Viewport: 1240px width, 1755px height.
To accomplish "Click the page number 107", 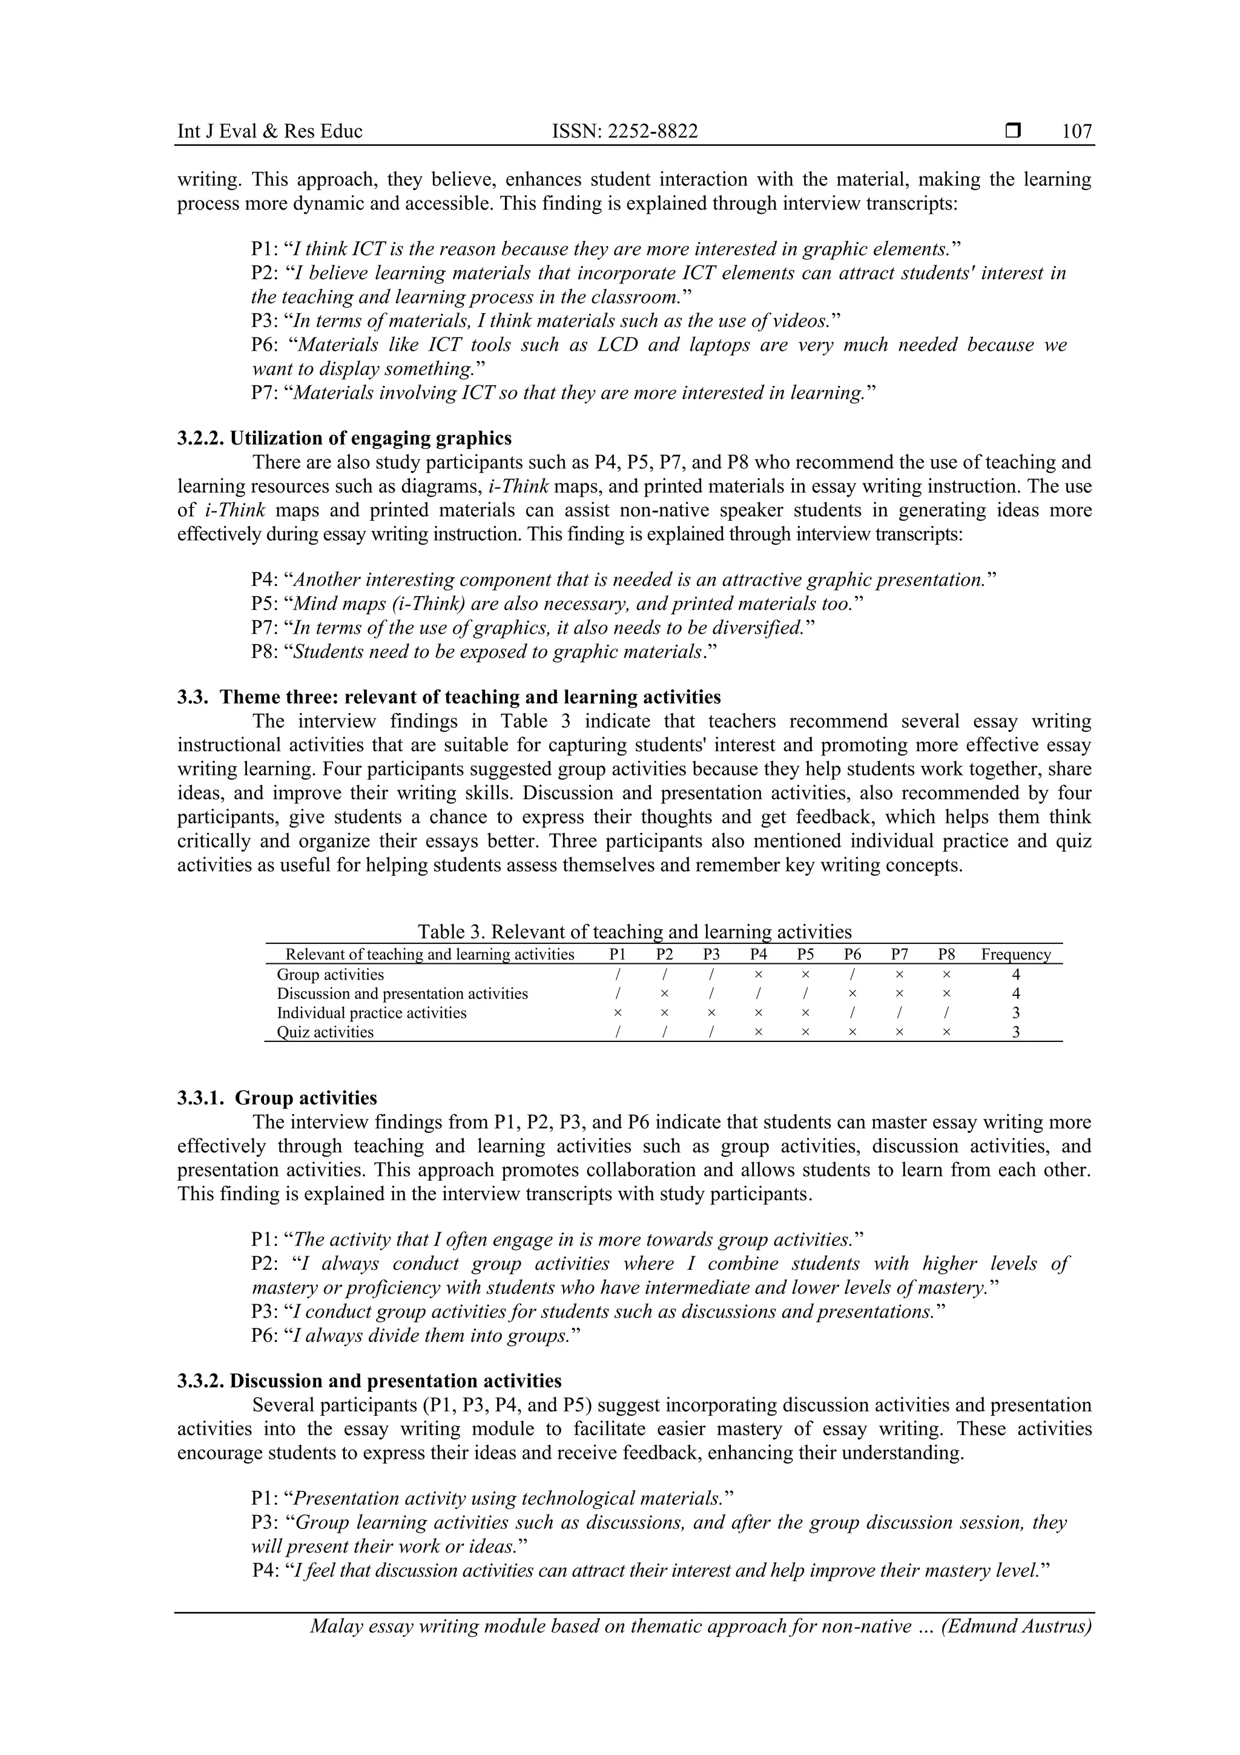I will click(x=1077, y=131).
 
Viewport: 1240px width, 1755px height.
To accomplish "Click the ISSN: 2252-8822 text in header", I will click(x=624, y=131).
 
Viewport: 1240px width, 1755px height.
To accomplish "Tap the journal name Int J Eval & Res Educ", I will click(x=269, y=131).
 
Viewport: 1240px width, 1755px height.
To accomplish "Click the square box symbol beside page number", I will click(x=1013, y=131).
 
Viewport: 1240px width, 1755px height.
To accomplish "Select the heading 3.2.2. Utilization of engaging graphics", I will click(x=345, y=438).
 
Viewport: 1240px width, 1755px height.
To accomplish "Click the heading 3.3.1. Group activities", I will click(x=277, y=1098).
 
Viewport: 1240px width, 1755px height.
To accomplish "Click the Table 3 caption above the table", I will click(x=634, y=932).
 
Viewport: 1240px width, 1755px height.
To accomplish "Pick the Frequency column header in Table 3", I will click(x=1015, y=954).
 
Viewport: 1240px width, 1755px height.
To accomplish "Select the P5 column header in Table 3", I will click(x=805, y=954).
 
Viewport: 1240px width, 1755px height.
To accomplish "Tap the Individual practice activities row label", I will click(x=371, y=1013).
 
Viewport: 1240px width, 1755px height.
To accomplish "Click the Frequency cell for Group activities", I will click(x=1015, y=975).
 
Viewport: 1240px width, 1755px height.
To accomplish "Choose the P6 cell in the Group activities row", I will click(x=852, y=975).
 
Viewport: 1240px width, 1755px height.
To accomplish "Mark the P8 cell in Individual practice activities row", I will click(x=946, y=1013).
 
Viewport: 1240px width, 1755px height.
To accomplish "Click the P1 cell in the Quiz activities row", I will click(x=618, y=1032).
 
